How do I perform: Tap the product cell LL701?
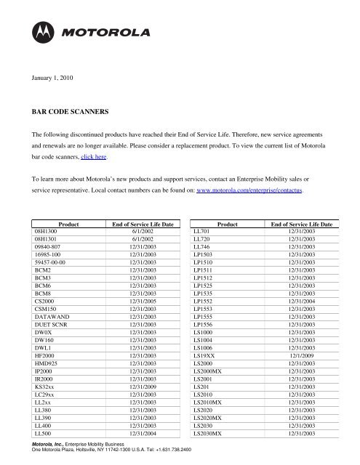(x=200, y=230)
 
